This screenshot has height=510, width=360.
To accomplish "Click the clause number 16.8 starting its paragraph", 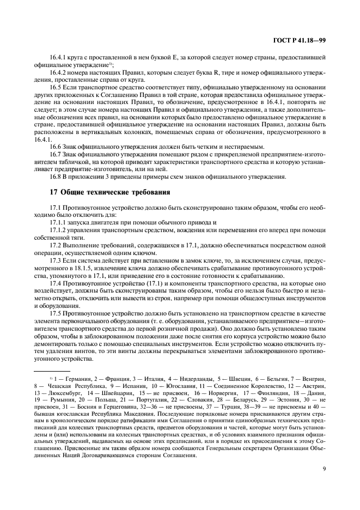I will (55, 176).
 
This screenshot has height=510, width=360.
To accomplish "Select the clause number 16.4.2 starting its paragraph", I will (58, 72).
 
